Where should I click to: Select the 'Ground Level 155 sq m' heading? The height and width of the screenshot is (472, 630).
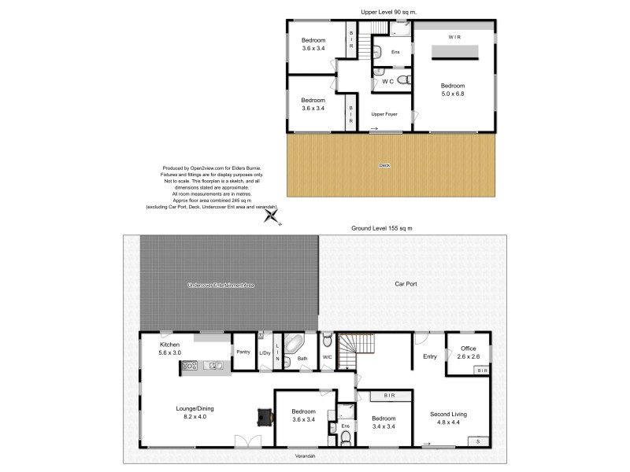[x=381, y=228]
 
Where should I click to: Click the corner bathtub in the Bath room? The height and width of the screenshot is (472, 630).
[x=294, y=345]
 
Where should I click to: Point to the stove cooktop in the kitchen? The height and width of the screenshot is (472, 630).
[x=189, y=365]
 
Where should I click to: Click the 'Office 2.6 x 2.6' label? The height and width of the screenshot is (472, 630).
[x=469, y=352]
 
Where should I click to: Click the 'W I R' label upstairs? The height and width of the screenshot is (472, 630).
[x=455, y=37]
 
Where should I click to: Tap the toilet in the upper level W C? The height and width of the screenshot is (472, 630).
[x=402, y=81]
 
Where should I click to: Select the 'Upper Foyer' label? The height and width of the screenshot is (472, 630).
[x=384, y=115]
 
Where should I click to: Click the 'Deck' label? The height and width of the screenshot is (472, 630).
[x=384, y=165]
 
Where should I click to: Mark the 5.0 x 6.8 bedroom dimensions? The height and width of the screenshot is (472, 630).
[x=453, y=94]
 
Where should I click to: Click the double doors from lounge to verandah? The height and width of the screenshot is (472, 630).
[x=246, y=444]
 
